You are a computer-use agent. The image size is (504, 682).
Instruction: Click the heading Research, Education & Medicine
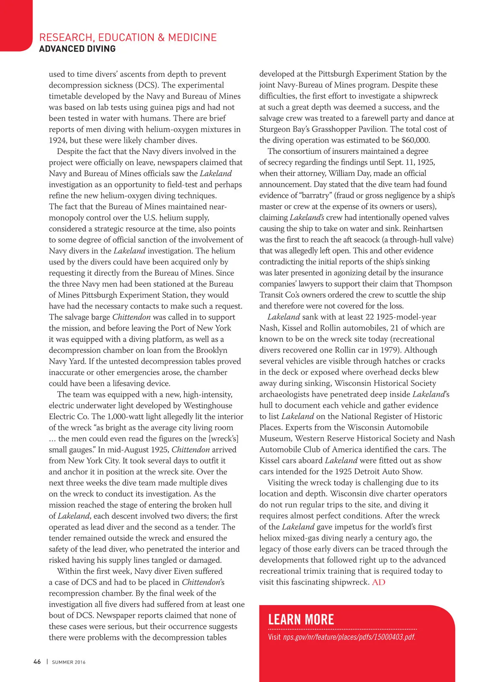coord(128,37)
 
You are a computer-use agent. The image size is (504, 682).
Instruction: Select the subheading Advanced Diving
coord(77,49)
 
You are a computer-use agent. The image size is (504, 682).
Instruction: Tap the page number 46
coord(37,661)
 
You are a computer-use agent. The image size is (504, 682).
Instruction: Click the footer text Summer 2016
coord(68,662)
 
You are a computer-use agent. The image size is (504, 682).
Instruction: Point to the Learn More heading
coord(301,619)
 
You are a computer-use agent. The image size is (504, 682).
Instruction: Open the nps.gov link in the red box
coord(349,637)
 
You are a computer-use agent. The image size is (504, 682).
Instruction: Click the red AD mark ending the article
coord(378,582)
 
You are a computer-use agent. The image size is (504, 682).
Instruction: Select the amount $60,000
coord(415,140)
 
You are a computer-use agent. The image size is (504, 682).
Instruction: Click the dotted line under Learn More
coord(342,629)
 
